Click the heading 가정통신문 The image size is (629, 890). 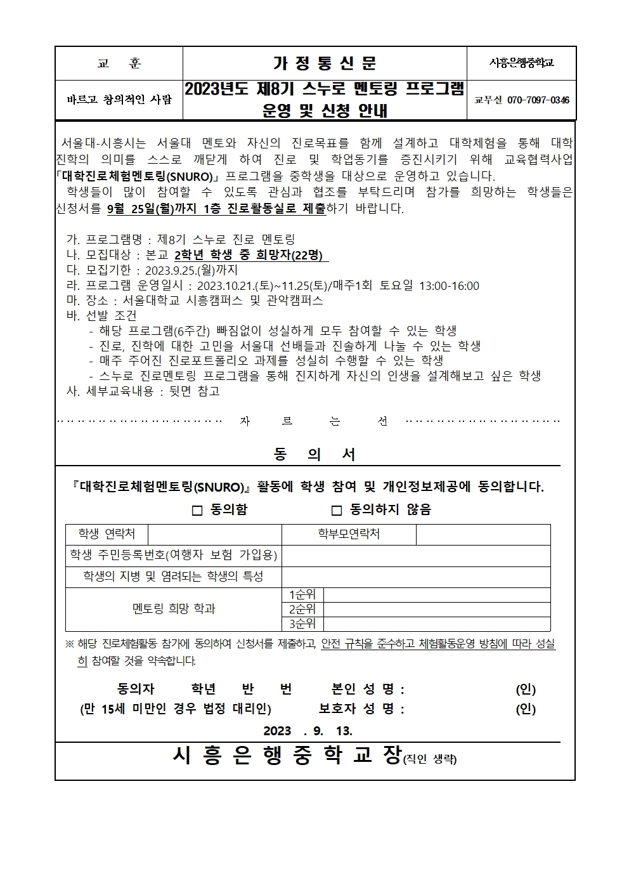click(325, 63)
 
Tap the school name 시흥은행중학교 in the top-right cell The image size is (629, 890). click(522, 63)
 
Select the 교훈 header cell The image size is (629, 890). click(119, 63)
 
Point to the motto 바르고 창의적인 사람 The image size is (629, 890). click(119, 100)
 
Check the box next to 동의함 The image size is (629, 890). click(197, 511)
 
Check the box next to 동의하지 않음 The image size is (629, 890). click(337, 511)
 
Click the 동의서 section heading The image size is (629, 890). click(314, 454)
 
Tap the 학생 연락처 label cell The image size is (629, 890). click(107, 534)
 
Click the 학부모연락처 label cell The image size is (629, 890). click(349, 534)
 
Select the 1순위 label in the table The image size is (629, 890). click(302, 595)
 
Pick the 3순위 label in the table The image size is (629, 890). click(302, 624)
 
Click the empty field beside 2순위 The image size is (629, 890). click(436, 610)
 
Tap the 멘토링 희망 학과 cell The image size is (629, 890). click(174, 609)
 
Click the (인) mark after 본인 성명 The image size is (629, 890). click(526, 690)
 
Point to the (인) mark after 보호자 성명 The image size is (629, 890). click(526, 709)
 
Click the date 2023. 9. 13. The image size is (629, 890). click(308, 731)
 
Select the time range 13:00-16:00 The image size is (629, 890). click(450, 286)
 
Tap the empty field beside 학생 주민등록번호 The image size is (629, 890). click(416, 556)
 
